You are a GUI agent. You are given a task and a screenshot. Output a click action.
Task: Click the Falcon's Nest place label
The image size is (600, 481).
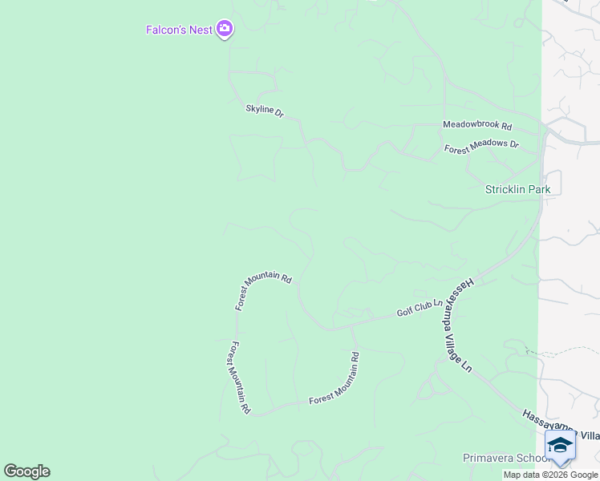pos(179,30)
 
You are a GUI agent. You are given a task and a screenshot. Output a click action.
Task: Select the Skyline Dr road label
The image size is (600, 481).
pos(265,110)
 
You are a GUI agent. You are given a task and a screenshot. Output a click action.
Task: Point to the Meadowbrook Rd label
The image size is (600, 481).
pos(477,125)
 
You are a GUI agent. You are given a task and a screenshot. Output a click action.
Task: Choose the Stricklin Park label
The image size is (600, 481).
pos(517,189)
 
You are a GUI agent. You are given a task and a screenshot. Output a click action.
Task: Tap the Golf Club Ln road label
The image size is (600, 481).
pos(420,308)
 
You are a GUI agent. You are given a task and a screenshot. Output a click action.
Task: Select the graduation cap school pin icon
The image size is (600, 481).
pos(560,447)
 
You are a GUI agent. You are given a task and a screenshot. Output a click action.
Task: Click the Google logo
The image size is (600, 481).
pos(26,471)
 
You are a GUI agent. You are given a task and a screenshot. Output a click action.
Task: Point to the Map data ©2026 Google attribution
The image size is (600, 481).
pos(550,475)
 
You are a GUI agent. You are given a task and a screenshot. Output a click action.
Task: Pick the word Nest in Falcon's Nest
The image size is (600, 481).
pos(201,30)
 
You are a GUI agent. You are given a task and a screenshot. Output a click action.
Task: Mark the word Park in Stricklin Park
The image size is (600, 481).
pos(537,189)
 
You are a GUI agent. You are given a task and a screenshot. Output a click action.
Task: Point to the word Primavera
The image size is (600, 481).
pos(487,458)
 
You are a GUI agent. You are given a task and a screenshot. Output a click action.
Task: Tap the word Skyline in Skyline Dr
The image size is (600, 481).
pos(260,108)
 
